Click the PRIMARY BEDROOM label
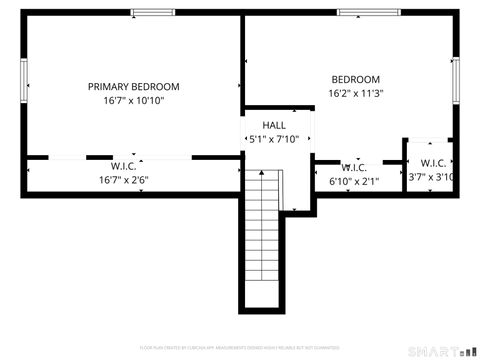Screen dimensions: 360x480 click(x=133, y=86)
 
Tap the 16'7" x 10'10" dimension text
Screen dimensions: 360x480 click(x=133, y=100)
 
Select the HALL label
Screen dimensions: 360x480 click(x=273, y=125)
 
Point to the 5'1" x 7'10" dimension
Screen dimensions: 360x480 click(x=273, y=139)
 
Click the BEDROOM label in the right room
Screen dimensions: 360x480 click(x=356, y=79)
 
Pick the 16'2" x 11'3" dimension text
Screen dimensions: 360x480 click(x=356, y=93)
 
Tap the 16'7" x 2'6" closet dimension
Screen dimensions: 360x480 click(x=123, y=180)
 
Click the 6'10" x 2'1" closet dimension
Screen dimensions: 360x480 click(x=354, y=181)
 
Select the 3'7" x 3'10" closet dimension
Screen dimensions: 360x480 click(x=432, y=177)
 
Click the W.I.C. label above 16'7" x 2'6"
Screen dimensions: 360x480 click(x=123, y=166)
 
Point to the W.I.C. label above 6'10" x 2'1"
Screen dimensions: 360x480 click(x=354, y=167)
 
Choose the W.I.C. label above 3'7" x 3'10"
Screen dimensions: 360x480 click(x=433, y=163)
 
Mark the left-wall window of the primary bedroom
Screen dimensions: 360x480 click(x=24, y=82)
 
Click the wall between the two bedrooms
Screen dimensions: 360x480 click(x=242, y=60)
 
